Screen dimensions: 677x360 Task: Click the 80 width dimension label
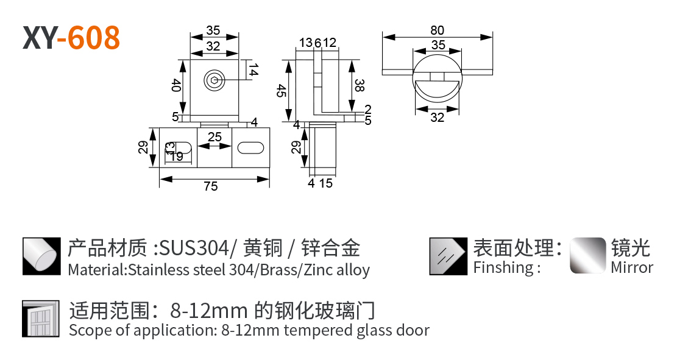click(x=437, y=30)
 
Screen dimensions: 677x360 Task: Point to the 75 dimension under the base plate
click(x=211, y=186)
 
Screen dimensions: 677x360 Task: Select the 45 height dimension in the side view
click(x=281, y=91)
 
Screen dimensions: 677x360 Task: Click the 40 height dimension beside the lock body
click(x=175, y=85)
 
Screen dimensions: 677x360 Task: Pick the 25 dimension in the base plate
click(x=214, y=137)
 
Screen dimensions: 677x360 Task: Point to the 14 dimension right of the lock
click(x=253, y=69)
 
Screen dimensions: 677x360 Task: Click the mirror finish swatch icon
click(x=587, y=255)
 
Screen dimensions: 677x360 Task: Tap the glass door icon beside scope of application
click(x=41, y=319)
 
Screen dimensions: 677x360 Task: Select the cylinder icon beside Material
click(x=41, y=256)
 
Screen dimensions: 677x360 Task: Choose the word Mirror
click(x=632, y=267)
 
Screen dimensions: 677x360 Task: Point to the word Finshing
click(x=503, y=267)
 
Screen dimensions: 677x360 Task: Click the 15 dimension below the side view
click(x=326, y=183)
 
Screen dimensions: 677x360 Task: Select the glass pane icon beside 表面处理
click(x=448, y=256)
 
